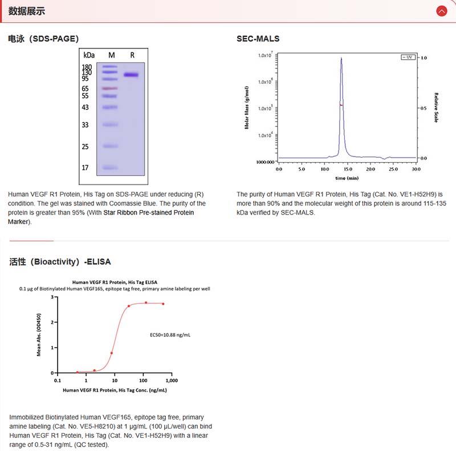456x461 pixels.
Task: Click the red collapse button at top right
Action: [x=441, y=11]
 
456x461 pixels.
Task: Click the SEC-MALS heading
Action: [x=258, y=39]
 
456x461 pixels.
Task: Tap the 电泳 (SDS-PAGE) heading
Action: [x=43, y=39]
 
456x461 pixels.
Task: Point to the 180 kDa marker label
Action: [x=87, y=67]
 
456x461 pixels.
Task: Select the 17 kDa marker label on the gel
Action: [x=85, y=168]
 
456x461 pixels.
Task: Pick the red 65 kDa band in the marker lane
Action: [x=110, y=89]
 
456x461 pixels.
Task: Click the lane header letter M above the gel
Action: [x=112, y=55]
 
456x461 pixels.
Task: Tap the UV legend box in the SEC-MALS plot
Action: [x=408, y=57]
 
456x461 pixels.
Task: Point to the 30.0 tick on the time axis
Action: [x=416, y=169]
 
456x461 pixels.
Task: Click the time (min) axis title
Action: [x=347, y=178]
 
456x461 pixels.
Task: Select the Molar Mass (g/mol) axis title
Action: [x=247, y=108]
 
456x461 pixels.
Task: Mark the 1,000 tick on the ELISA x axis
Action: [x=172, y=380]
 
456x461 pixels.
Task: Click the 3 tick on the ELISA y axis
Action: [x=52, y=297]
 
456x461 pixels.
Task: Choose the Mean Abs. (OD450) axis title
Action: [x=39, y=335]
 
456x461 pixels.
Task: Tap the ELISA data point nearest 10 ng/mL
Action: [x=111, y=353]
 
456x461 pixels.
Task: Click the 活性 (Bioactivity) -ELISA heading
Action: [x=60, y=262]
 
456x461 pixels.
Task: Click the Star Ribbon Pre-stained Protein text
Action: [x=148, y=213]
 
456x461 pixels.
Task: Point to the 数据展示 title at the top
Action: [x=27, y=11]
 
